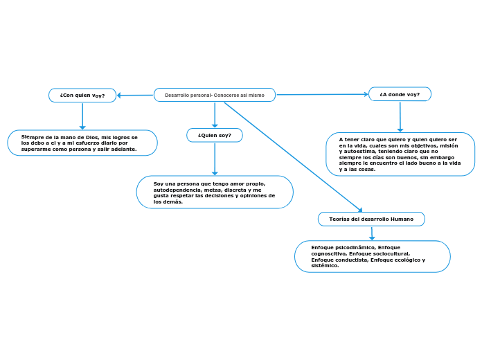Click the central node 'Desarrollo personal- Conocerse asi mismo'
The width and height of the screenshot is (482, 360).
click(214, 95)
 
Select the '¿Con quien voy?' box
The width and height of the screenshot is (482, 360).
click(82, 96)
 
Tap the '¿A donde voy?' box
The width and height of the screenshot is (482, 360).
click(400, 94)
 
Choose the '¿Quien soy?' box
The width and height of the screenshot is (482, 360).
click(215, 135)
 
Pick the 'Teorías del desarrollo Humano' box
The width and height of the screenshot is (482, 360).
click(371, 219)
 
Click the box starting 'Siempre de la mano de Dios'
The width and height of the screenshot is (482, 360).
click(82, 143)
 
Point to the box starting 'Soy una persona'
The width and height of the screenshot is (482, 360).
click(215, 192)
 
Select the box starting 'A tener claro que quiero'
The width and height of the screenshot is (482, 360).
click(400, 154)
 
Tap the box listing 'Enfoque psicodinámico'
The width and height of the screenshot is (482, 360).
click(372, 256)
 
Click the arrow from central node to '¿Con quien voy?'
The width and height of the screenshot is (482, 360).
click(136, 96)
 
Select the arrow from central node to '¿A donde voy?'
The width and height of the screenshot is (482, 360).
click(322, 94)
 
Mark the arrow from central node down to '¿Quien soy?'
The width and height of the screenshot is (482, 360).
click(215, 115)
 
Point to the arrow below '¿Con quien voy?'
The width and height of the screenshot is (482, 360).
click(82, 116)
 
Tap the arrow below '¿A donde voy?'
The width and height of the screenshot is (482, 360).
click(400, 116)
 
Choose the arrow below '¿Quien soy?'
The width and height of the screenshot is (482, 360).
click(215, 159)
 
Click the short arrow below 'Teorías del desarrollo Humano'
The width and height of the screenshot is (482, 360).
click(372, 233)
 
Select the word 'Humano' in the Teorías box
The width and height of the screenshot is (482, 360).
click(402, 219)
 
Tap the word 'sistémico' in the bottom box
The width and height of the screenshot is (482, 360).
click(324, 266)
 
